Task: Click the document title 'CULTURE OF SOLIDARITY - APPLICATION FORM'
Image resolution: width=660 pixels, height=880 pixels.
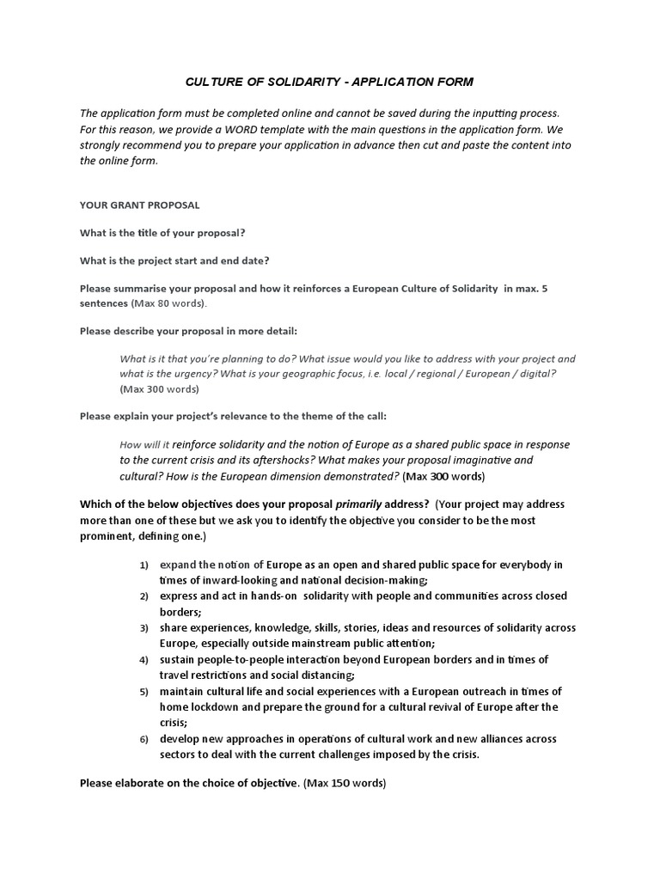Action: click(x=329, y=82)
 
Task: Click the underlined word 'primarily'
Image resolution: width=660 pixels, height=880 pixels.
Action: click(x=358, y=504)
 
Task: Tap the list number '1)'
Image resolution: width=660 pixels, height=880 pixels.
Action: click(x=144, y=565)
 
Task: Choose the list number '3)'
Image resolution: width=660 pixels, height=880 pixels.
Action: click(x=144, y=628)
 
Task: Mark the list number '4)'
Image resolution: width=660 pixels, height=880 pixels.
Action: click(x=144, y=660)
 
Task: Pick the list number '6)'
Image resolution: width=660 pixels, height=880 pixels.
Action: click(x=144, y=739)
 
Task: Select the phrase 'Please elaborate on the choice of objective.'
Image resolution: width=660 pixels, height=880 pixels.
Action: click(x=190, y=783)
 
